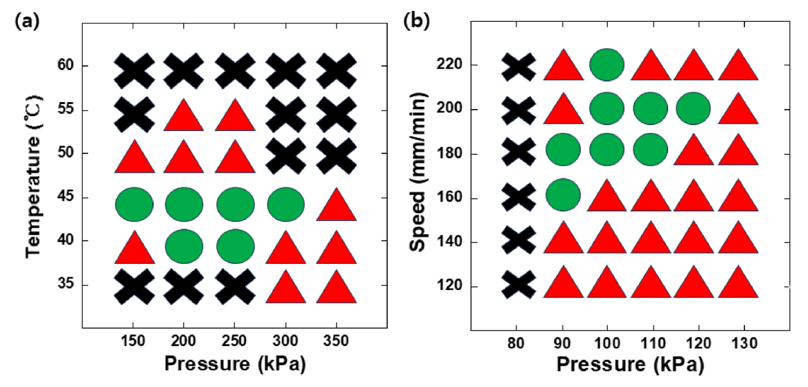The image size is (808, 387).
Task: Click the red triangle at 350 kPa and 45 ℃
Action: pos(337,207)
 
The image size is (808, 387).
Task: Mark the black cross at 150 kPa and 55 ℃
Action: pos(134,116)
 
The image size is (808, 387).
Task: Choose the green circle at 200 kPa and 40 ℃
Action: pos(184,246)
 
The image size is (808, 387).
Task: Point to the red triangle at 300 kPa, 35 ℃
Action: pos(286,289)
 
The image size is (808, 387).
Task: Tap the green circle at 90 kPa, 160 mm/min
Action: pos(563,194)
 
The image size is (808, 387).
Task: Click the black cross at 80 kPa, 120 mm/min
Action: pos(518,284)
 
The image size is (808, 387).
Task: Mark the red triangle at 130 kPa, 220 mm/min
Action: pos(739,67)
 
